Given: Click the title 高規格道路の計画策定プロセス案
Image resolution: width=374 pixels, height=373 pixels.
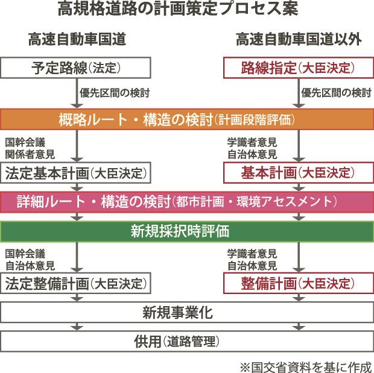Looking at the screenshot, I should click(x=187, y=10).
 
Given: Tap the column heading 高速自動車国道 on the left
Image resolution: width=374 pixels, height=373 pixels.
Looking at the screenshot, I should click(x=76, y=40).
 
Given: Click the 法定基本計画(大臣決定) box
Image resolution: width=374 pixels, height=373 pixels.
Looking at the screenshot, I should click(x=75, y=172).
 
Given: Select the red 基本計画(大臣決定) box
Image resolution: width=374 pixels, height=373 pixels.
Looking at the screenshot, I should click(x=298, y=172).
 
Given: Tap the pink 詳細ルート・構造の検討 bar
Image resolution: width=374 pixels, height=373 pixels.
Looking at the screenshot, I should click(x=187, y=201).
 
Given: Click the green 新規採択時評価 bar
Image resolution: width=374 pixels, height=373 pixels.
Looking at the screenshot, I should click(x=187, y=230).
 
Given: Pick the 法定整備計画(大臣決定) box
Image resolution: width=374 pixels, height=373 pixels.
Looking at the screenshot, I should click(x=75, y=283).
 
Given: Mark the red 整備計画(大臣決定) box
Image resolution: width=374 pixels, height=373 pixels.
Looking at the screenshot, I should click(x=298, y=283).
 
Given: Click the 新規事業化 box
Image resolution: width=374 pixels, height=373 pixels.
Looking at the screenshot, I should click(x=187, y=312).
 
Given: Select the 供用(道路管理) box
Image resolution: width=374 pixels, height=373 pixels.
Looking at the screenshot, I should click(x=187, y=342).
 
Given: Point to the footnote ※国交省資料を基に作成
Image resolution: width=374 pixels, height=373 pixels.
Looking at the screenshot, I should click(x=306, y=365).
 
